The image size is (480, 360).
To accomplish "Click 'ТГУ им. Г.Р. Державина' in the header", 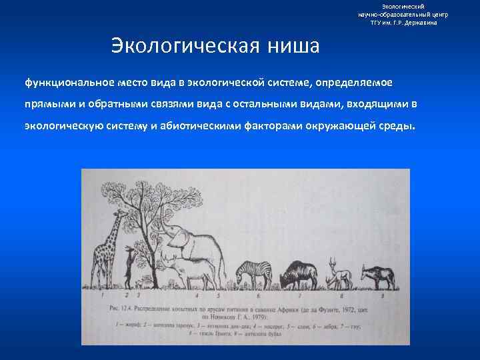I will tap(403, 23).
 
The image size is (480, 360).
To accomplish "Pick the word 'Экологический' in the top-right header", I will tap(403, 6).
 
